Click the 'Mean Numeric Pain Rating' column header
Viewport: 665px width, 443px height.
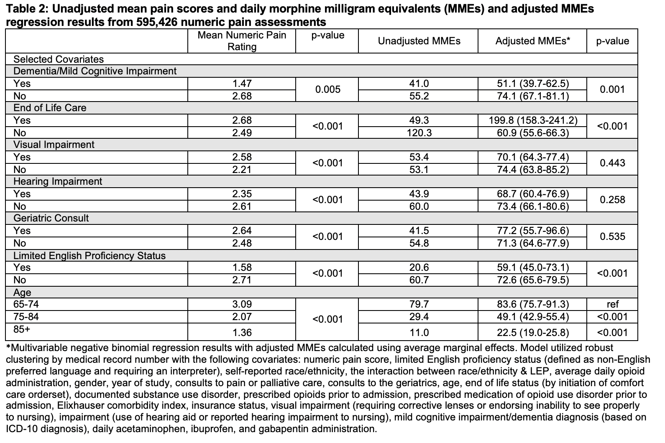[x=242, y=41]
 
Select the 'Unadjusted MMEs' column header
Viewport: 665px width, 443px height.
[x=419, y=41]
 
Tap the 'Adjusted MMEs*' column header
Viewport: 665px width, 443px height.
[x=532, y=41]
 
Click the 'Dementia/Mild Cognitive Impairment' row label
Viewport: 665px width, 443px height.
[x=95, y=71]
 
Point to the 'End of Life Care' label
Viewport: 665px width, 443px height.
[x=50, y=108]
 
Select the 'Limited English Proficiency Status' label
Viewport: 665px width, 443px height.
[x=90, y=255]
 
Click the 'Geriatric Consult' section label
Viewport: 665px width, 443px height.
[x=51, y=218]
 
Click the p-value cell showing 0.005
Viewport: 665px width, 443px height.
[x=327, y=89]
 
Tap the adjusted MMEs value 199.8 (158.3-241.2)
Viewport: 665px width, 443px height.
[x=532, y=120]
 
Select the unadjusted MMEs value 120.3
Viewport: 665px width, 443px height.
[x=419, y=133]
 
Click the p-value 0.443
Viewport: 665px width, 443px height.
[x=612, y=163]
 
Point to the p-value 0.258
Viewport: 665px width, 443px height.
[x=612, y=200]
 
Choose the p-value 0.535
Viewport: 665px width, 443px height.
[x=612, y=237]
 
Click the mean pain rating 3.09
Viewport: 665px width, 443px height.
[x=242, y=304]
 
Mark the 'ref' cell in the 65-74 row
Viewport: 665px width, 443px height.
[x=612, y=304]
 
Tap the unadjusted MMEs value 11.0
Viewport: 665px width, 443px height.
[x=419, y=333]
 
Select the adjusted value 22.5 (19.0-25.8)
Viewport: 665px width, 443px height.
[x=532, y=333]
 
